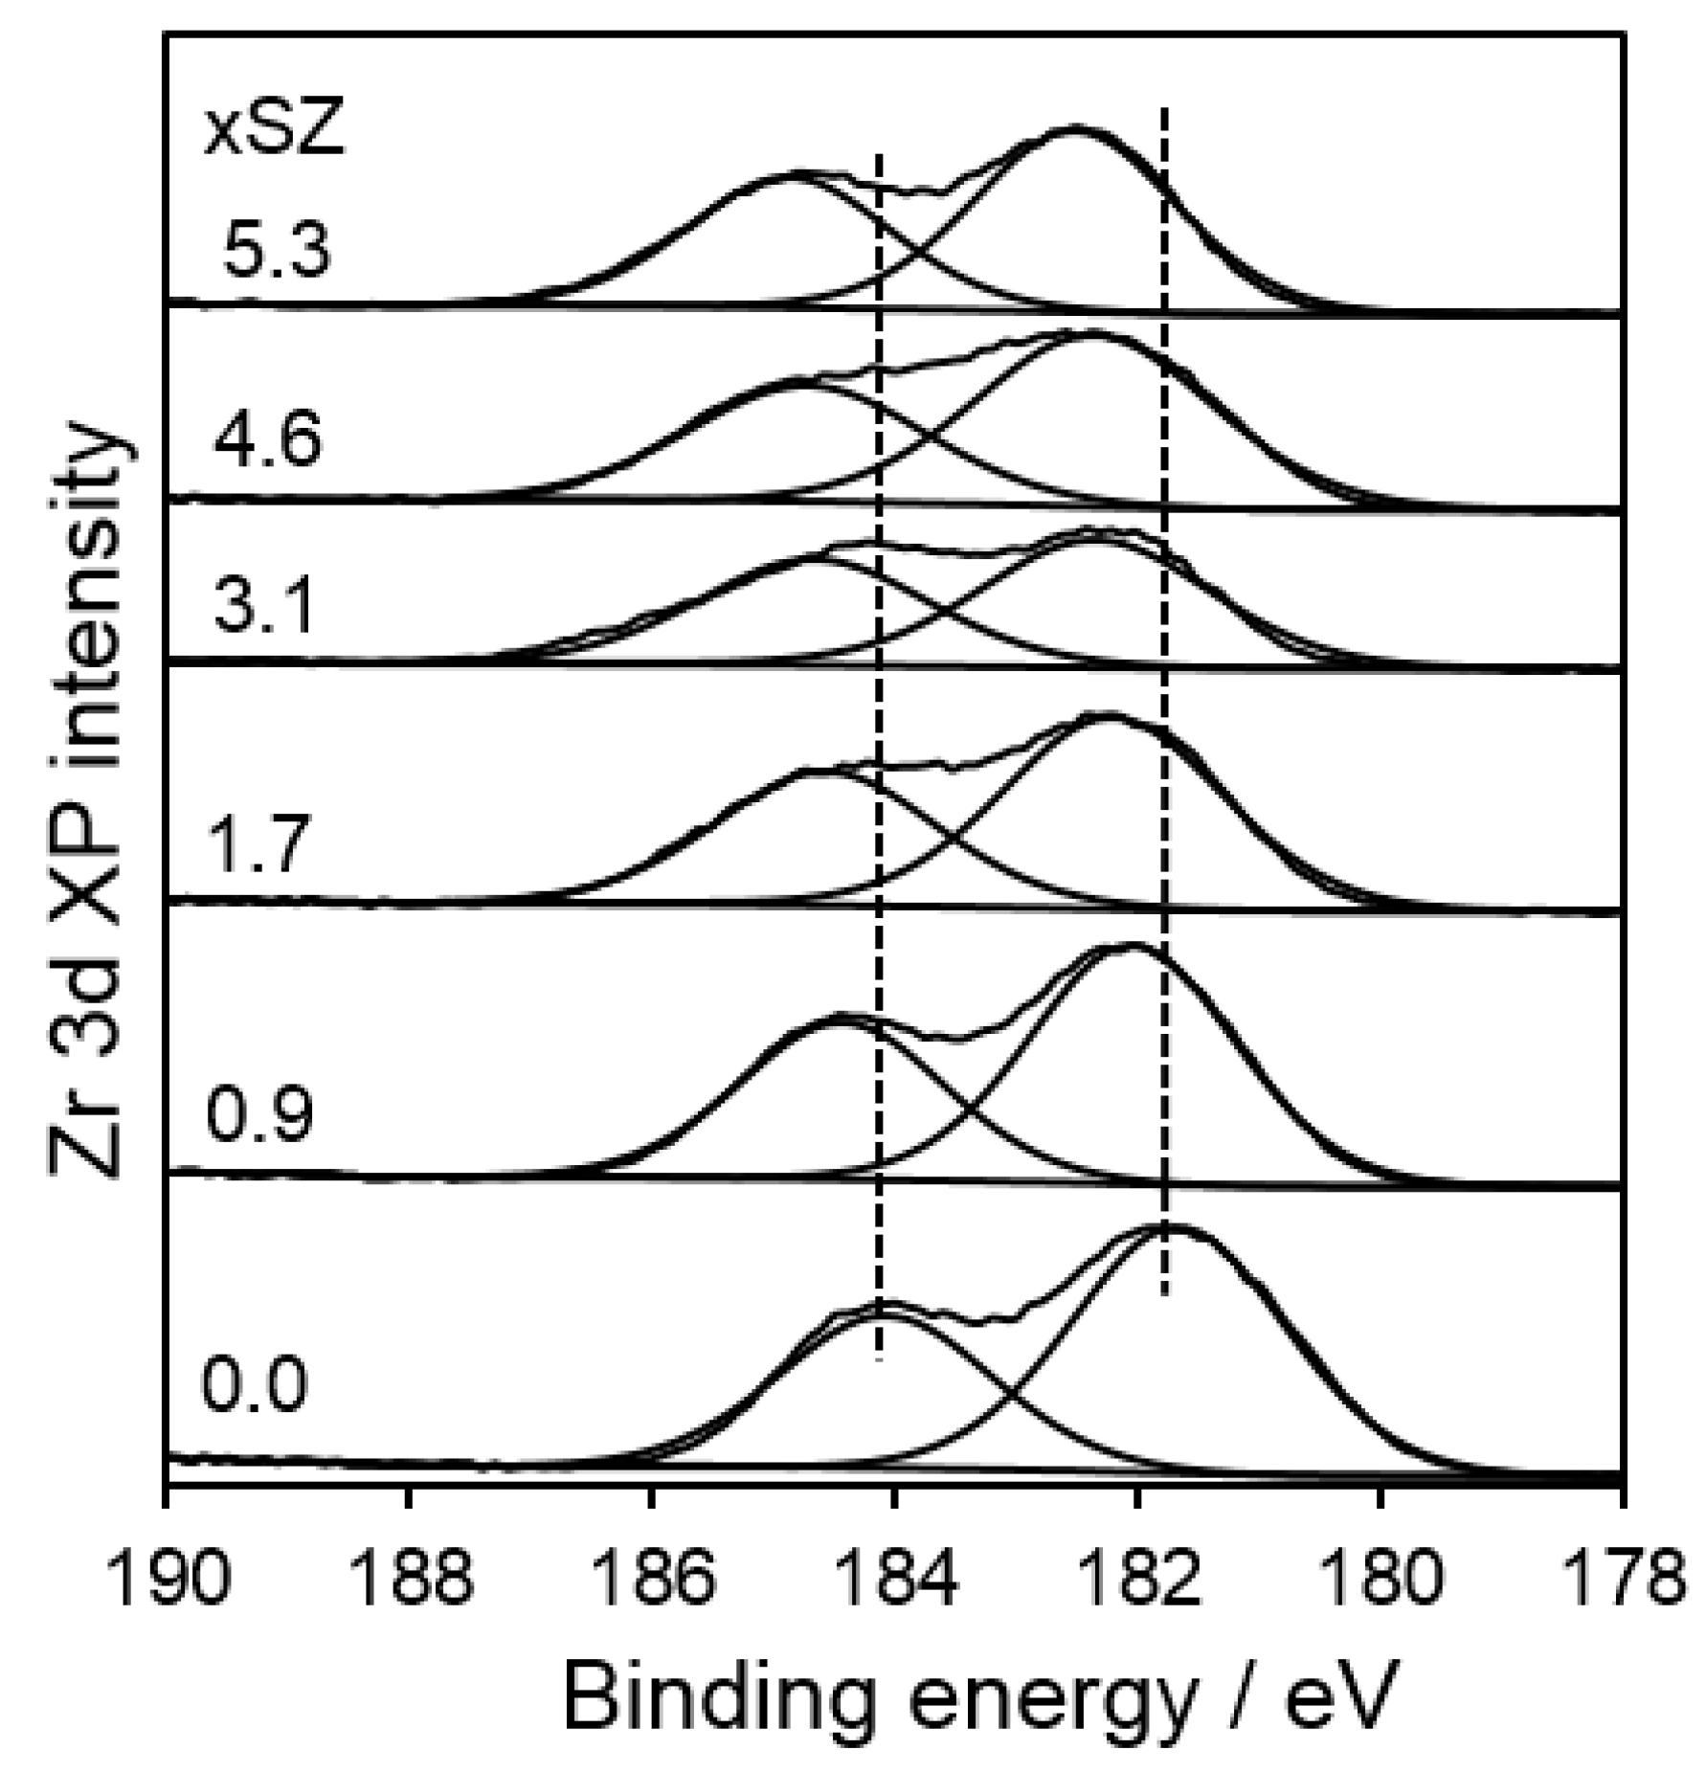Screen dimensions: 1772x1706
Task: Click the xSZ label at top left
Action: (273, 131)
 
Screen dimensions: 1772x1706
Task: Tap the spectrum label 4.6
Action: (267, 440)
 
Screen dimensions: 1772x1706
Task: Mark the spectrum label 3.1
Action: (262, 608)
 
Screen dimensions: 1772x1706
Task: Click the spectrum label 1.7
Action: (258, 846)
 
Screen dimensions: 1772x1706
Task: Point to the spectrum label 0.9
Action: (258, 1115)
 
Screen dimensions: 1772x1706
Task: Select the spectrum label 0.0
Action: (255, 1385)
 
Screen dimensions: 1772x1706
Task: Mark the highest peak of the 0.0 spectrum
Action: (1170, 1225)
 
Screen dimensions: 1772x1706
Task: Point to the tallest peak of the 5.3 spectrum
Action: (1075, 127)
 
